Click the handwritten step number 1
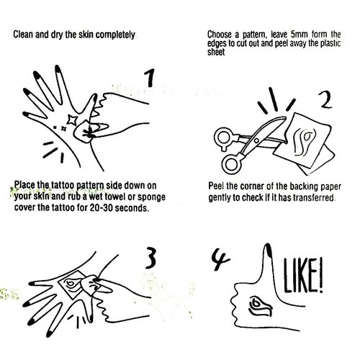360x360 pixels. point(150,78)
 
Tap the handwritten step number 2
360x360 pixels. point(325,100)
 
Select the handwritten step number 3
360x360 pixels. point(150,258)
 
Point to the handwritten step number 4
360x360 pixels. point(220,260)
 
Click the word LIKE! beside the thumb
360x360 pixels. point(303,276)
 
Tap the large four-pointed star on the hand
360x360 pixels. point(72,120)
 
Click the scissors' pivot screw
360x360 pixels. point(256,141)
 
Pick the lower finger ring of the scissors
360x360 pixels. point(232,164)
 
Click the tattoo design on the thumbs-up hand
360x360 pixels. point(260,307)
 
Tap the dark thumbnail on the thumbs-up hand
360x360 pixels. point(269,250)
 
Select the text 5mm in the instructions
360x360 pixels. point(299,35)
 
